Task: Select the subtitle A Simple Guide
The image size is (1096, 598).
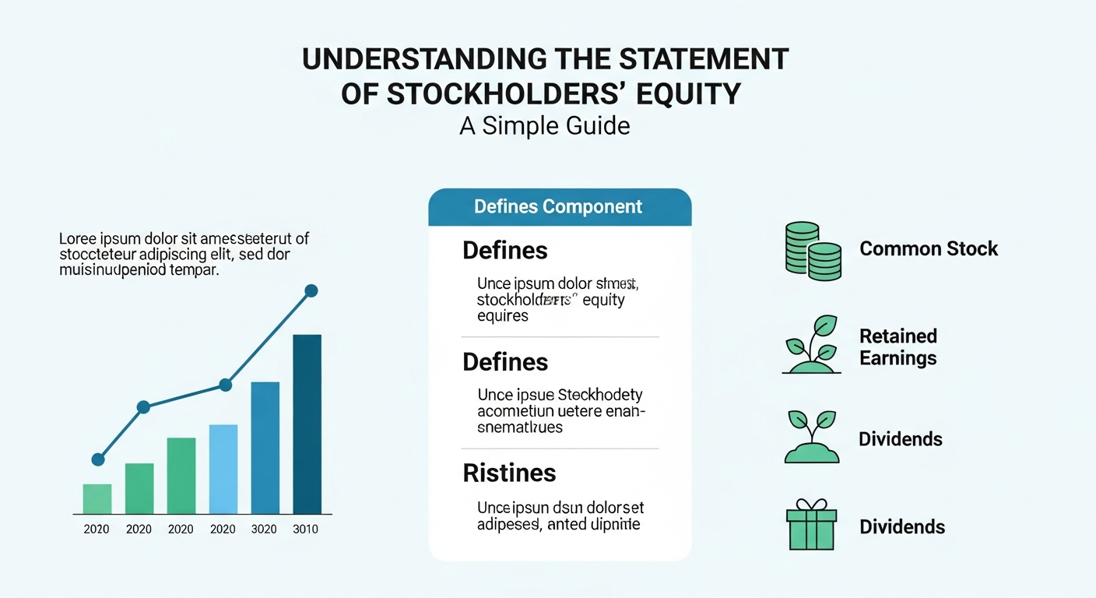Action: (544, 125)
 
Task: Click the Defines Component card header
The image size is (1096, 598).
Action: (559, 206)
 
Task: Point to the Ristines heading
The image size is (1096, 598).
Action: (509, 473)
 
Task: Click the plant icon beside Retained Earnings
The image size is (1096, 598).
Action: (812, 346)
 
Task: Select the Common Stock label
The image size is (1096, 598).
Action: (928, 249)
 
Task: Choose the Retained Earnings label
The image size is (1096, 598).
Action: (898, 347)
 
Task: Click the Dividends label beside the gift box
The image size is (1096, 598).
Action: (901, 527)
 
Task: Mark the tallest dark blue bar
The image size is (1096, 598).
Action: (307, 424)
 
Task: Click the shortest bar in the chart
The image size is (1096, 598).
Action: (97, 499)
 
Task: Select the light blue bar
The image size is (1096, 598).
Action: (223, 469)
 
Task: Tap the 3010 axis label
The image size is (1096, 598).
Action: (306, 529)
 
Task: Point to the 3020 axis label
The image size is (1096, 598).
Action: (265, 529)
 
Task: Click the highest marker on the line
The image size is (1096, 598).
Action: (311, 290)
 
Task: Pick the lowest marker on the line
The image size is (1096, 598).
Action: (98, 459)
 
